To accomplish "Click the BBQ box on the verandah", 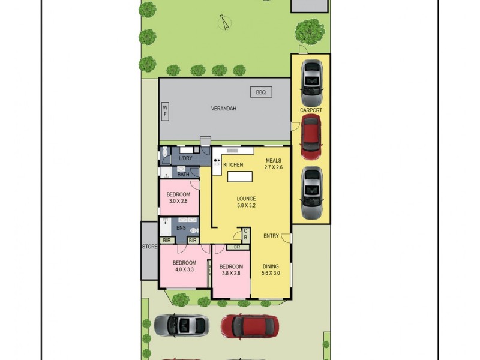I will [260, 92].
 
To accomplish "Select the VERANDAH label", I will [223, 109].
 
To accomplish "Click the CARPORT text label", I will [311, 110].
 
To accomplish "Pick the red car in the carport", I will [311, 136].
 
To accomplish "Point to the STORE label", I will [149, 247].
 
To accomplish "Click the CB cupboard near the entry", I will [245, 235].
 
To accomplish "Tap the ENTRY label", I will [271, 236].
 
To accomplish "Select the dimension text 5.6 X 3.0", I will [271, 273].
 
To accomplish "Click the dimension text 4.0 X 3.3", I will [184, 270].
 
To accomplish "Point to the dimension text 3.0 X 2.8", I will [178, 202].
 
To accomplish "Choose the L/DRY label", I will [186, 158].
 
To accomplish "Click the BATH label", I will [183, 175].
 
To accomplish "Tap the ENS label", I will [181, 228].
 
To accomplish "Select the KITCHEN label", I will [233, 165].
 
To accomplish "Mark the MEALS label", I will [273, 160].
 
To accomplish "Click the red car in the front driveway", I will [250, 326].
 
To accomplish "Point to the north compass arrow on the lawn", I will [225, 22].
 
